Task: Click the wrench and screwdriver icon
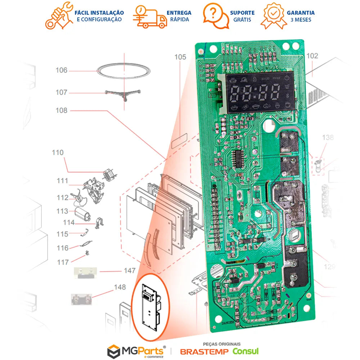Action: tap(58, 15)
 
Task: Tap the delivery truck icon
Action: tap(149, 17)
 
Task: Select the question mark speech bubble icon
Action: tap(215, 15)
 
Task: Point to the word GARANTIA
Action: tap(301, 13)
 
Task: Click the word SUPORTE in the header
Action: tap(242, 13)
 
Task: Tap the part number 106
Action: tap(61, 70)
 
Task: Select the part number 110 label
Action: tap(57, 153)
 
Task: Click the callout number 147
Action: tap(129, 270)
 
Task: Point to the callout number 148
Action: tap(120, 287)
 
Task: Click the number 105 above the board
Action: tap(180, 57)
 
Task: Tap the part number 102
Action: tap(312, 56)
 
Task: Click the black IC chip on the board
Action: tap(238, 159)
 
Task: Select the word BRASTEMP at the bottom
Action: tap(204, 351)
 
